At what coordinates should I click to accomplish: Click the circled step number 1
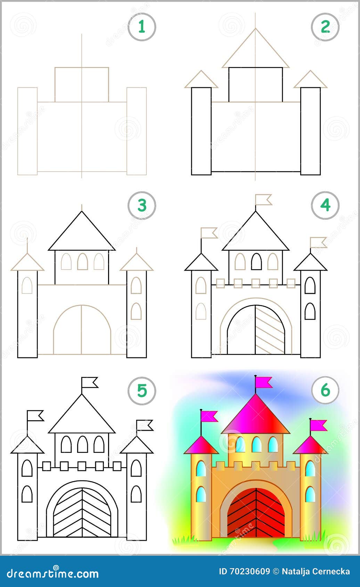coord(141,27)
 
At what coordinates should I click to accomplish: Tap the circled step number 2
coord(325,27)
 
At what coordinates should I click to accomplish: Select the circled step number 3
coord(141,205)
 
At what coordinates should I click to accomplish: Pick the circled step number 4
coord(325,205)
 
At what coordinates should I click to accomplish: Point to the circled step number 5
coord(141,391)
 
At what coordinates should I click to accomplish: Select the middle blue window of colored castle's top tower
coord(256,444)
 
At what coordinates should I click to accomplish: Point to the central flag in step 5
coord(90,382)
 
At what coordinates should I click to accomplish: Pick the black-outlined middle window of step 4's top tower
coord(256,262)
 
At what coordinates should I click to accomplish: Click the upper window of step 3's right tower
coord(136,285)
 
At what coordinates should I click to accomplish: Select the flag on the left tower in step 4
coord(209,233)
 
